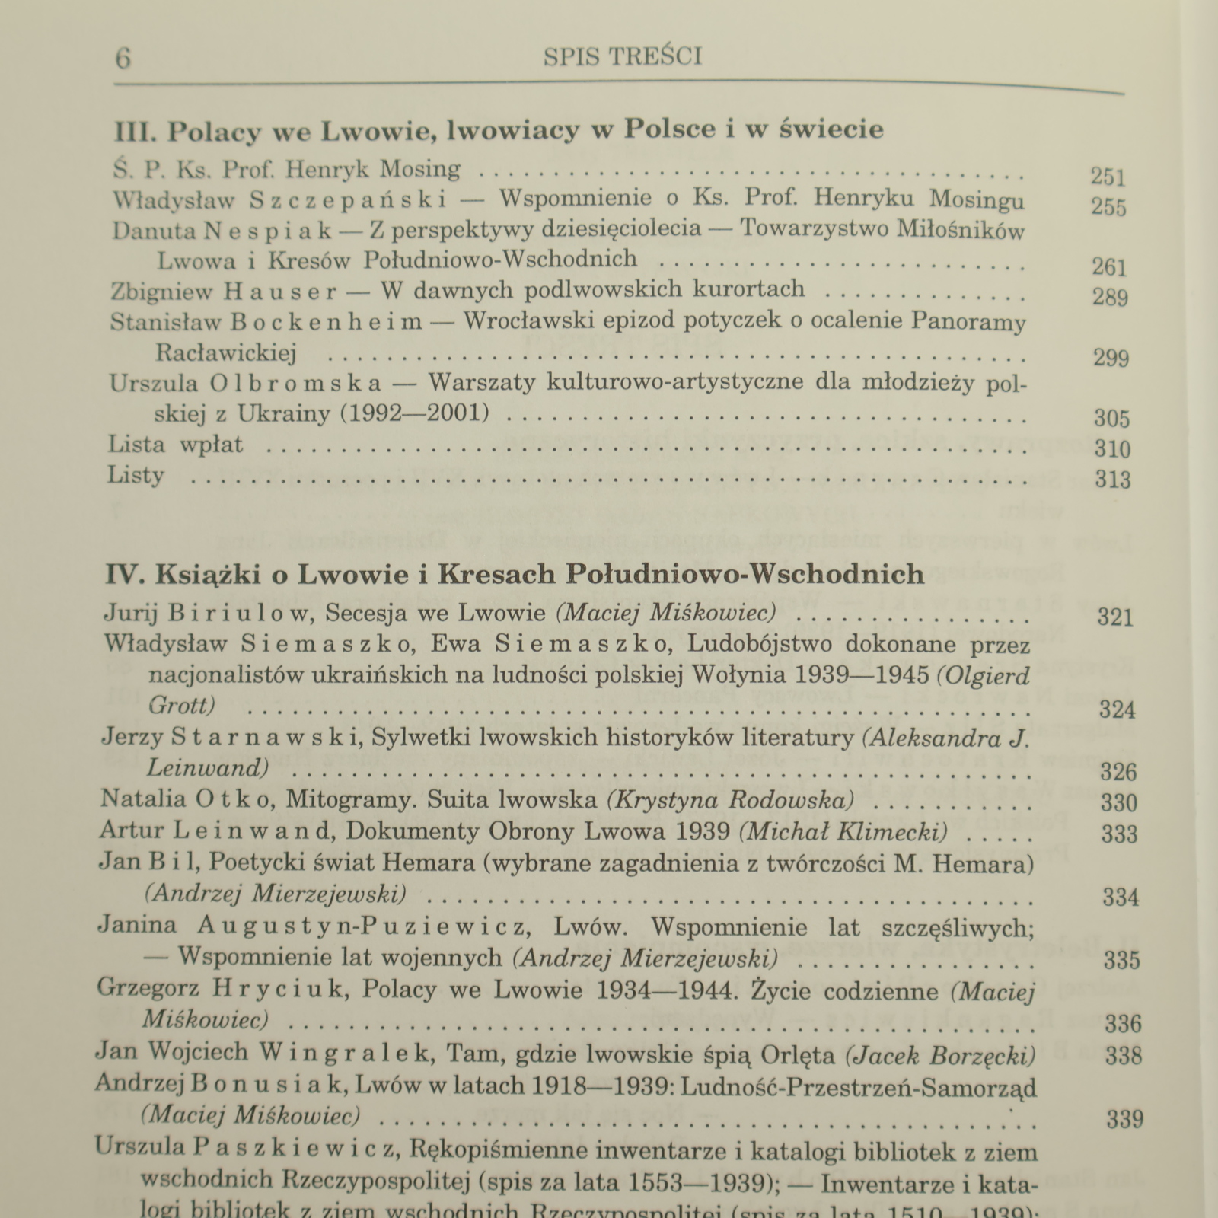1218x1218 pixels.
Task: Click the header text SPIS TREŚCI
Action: [623, 57]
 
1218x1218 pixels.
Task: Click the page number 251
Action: [1107, 177]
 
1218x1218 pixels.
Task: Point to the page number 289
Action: [1109, 297]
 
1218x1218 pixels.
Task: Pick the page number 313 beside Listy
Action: [1112, 480]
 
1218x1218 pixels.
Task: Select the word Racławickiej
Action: [226, 353]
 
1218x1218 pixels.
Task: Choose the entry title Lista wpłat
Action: [175, 445]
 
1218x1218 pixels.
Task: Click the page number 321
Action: [1115, 617]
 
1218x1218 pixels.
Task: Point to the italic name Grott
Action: [181, 706]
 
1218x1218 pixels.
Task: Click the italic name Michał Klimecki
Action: [843, 832]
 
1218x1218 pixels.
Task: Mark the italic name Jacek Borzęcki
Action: [940, 1054]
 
